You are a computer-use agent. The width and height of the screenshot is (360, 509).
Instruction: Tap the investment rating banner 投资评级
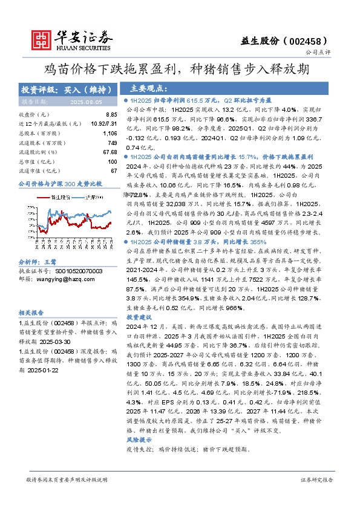(x=67, y=89)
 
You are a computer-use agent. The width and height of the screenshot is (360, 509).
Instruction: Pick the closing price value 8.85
(x=111, y=114)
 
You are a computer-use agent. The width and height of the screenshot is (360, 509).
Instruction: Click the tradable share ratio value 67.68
(x=110, y=152)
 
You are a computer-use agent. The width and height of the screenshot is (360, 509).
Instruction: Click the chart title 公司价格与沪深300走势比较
(x=61, y=183)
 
